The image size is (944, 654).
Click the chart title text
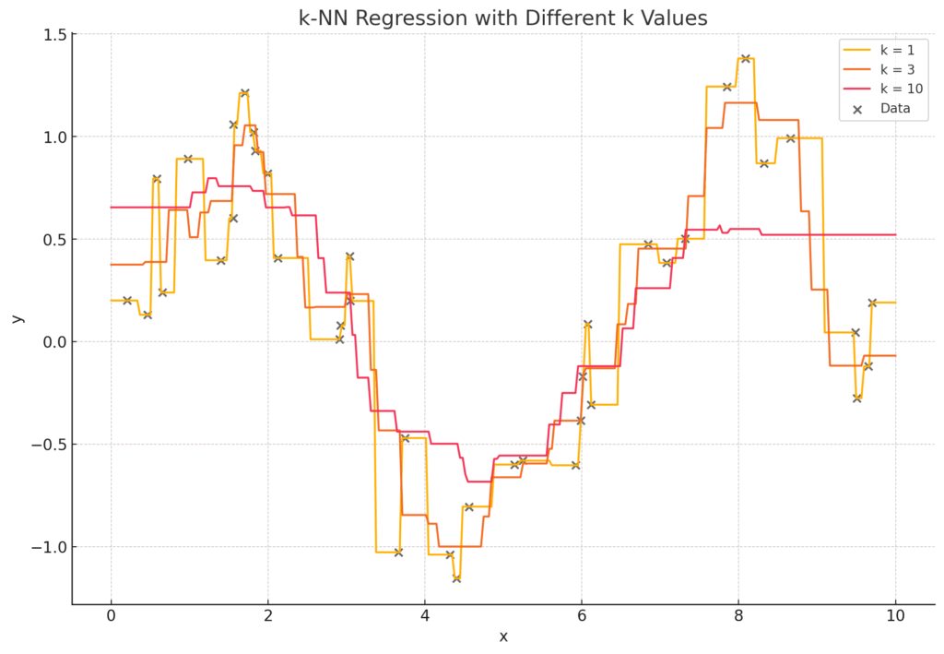[x=503, y=18]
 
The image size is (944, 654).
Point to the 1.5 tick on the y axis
[x=53, y=35]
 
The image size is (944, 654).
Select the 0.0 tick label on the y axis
[x=53, y=342]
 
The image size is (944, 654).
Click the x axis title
[x=503, y=637]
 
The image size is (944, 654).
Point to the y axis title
[x=17, y=318]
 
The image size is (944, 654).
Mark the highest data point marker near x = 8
[x=745, y=59]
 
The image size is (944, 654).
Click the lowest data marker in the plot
[x=456, y=578]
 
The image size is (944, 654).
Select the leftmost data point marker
[x=127, y=300]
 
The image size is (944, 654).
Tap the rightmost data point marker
[x=872, y=303]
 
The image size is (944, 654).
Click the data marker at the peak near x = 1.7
[x=244, y=93]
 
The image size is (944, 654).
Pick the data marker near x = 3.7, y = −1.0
[x=398, y=553]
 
